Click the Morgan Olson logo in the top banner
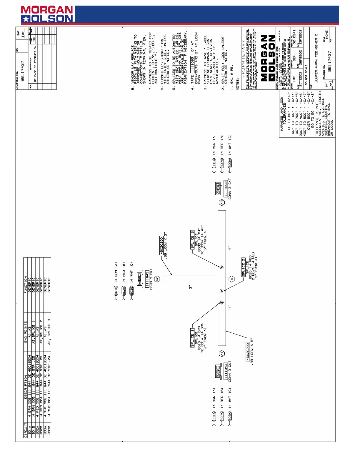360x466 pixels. click(47, 14)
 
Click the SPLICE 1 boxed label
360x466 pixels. click(193, 338)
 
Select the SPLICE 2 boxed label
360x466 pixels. click(244, 267)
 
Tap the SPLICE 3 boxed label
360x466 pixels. click(192, 240)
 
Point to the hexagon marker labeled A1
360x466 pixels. click(222, 353)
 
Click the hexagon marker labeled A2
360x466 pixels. click(157, 279)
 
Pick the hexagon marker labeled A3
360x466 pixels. click(222, 202)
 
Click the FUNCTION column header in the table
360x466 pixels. click(26, 284)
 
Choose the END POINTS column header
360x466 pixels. click(26, 332)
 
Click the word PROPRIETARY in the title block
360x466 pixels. click(243, 59)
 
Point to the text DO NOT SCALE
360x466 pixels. click(306, 75)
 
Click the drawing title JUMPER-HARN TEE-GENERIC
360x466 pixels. click(316, 58)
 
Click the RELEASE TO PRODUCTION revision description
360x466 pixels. click(35, 64)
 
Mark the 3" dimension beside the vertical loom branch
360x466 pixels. click(191, 287)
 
